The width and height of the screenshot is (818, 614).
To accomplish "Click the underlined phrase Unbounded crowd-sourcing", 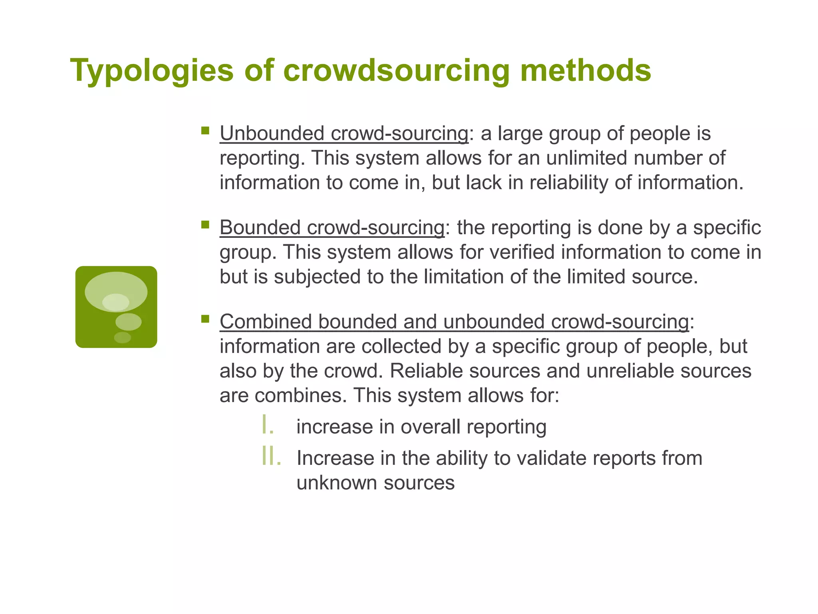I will (344, 134).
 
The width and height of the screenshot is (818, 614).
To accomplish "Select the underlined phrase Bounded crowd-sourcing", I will (332, 228).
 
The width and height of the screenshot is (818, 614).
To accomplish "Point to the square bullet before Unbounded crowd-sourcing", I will (205, 130).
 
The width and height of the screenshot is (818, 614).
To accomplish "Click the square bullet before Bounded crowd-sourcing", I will (205, 225).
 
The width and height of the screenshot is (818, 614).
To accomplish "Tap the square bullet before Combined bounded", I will (205, 319).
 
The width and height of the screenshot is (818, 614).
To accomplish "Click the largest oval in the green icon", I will (116, 291).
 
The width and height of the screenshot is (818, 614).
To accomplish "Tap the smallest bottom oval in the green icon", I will (122, 337).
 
